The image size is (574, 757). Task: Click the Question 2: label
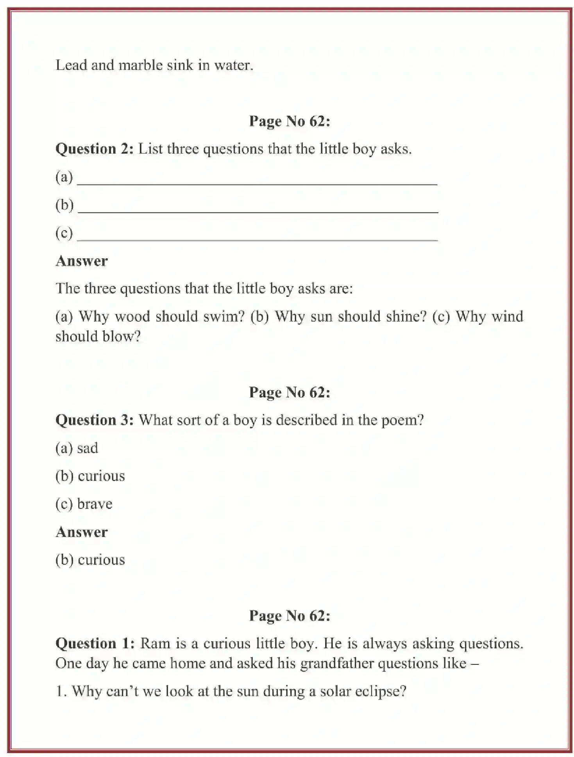pyautogui.click(x=95, y=149)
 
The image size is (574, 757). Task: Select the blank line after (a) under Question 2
pyautogui.click(x=257, y=182)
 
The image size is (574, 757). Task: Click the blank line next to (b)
pyautogui.click(x=258, y=210)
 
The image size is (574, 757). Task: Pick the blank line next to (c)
pyautogui.click(x=257, y=238)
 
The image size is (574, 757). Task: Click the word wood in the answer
pyautogui.click(x=132, y=316)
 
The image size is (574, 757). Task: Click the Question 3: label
pyautogui.click(x=95, y=420)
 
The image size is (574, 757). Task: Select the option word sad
pyautogui.click(x=88, y=448)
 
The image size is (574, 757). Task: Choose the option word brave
pyautogui.click(x=95, y=504)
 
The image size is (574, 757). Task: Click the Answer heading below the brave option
pyautogui.click(x=81, y=532)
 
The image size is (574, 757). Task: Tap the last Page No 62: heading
pyautogui.click(x=290, y=616)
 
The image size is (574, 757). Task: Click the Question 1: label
pyautogui.click(x=95, y=643)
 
